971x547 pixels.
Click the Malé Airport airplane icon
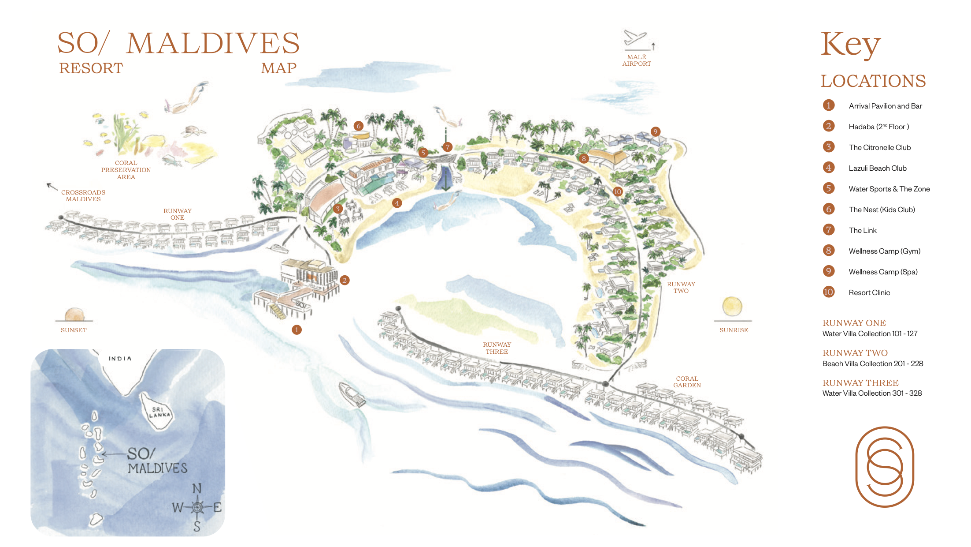coord(635,39)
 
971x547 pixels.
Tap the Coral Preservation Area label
coord(126,170)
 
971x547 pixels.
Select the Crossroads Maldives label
coord(83,195)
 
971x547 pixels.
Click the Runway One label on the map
coord(178,214)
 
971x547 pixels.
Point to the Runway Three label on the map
coord(497,348)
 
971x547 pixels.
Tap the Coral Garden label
coord(687,382)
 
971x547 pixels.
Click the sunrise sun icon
coord(732,307)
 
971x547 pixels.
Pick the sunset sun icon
coord(74,315)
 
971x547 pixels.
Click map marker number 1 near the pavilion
coord(297,330)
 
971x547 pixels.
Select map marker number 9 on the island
coord(655,131)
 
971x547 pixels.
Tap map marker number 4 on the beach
coord(397,203)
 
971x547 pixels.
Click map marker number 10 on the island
coord(618,191)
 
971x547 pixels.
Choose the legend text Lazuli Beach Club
coord(878,168)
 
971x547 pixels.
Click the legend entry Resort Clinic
coord(869,292)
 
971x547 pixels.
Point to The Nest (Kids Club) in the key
coord(882,210)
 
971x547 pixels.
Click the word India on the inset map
coord(120,359)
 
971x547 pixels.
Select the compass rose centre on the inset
coord(197,507)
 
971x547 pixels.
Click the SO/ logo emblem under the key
coord(885,467)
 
